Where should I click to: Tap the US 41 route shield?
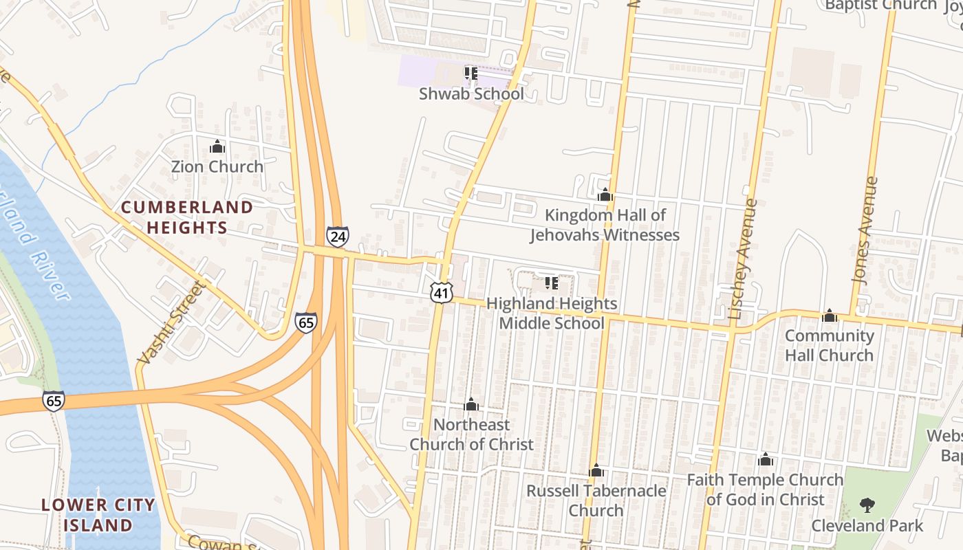[x=441, y=293]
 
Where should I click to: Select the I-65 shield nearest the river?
[x=53, y=400]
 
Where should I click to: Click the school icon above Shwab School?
[x=471, y=73]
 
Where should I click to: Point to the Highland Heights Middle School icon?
[x=550, y=283]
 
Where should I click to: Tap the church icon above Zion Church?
[x=217, y=146]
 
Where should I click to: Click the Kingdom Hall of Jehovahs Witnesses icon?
[x=605, y=195]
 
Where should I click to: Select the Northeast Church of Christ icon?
[x=471, y=404]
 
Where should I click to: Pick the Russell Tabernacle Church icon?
[x=596, y=471]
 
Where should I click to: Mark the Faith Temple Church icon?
[x=765, y=459]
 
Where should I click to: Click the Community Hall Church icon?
[x=830, y=316]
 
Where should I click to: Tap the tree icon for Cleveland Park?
[x=867, y=506]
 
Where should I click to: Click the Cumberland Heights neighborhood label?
[x=187, y=217]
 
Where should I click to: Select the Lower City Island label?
[x=98, y=515]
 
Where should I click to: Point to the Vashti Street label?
[x=171, y=322]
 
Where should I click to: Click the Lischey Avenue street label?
[x=744, y=259]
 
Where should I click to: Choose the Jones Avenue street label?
[x=865, y=230]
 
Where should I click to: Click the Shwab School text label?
[x=471, y=93]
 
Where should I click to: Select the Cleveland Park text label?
[x=867, y=526]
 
